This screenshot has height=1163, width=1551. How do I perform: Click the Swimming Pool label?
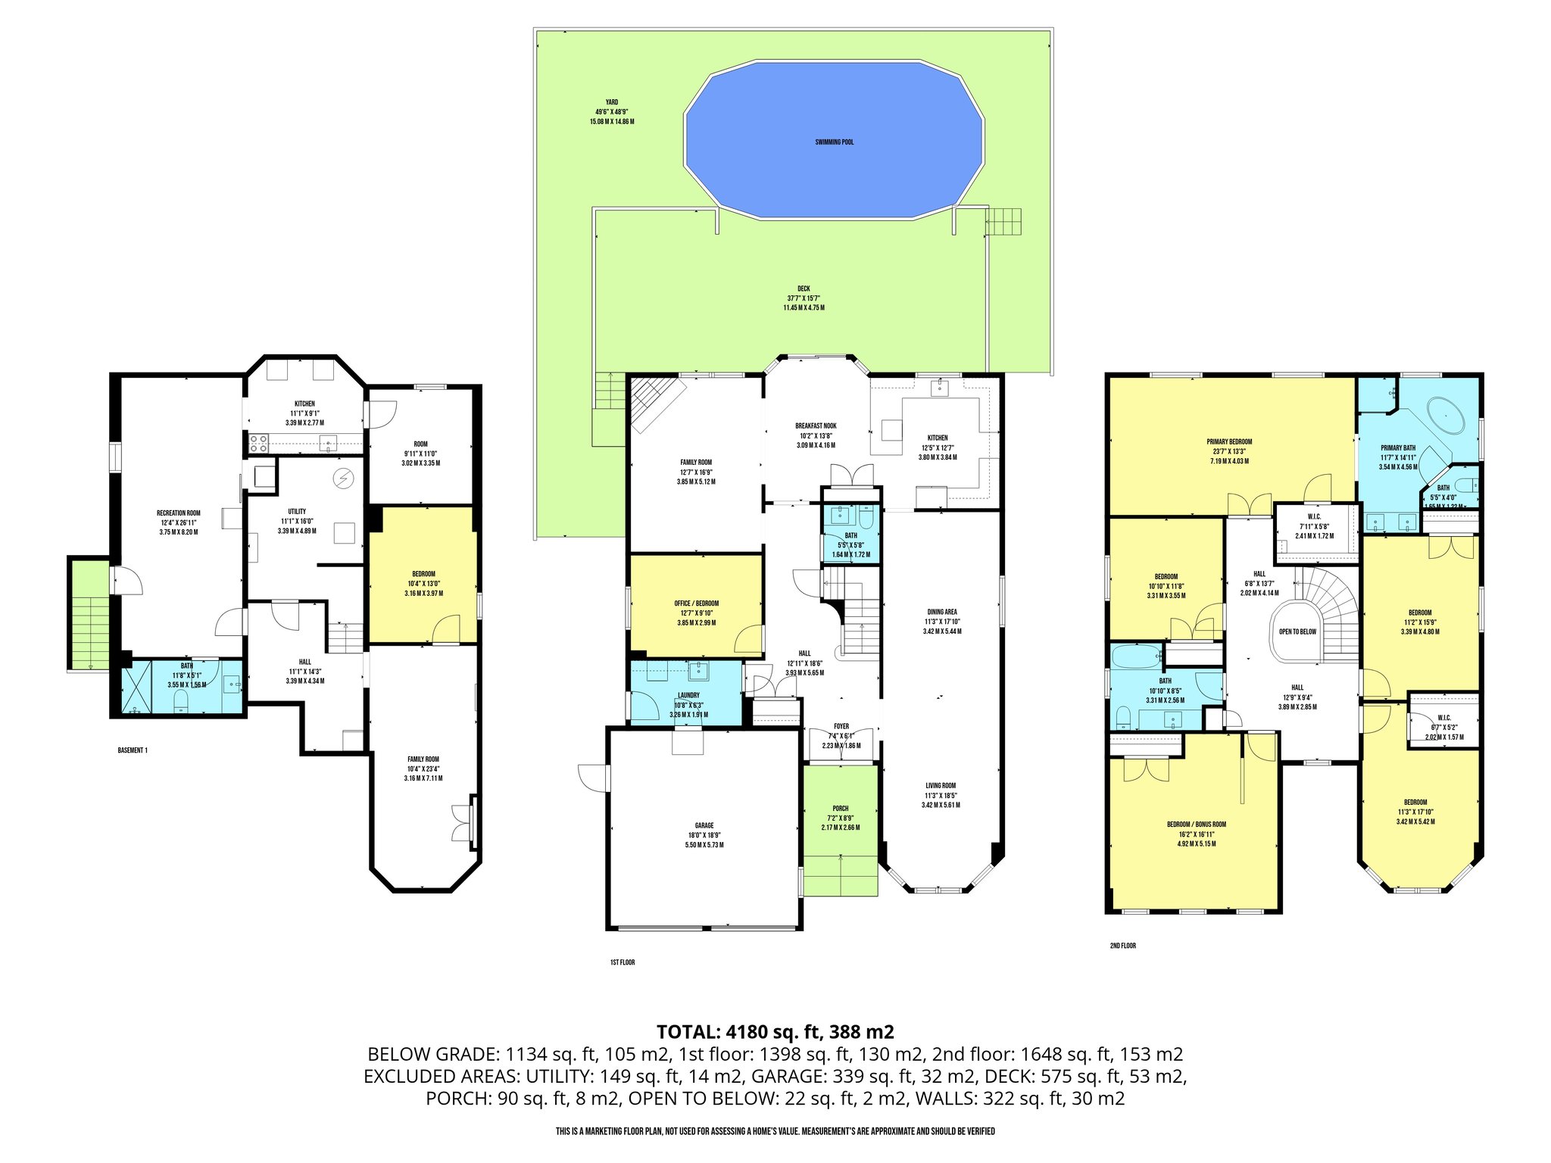(x=834, y=142)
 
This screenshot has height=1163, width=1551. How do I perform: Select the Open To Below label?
(x=1297, y=631)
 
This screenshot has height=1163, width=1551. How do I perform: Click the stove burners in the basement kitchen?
(x=257, y=442)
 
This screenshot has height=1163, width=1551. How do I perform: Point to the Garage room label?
(x=704, y=826)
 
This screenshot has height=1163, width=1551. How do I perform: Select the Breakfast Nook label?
(x=816, y=426)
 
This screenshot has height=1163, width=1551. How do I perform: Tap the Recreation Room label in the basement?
(x=179, y=513)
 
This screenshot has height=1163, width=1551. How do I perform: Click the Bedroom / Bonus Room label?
(x=1196, y=825)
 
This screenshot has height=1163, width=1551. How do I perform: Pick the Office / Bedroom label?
(x=696, y=603)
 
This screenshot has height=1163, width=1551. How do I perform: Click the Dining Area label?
(x=942, y=612)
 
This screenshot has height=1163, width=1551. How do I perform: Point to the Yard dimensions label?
(x=611, y=112)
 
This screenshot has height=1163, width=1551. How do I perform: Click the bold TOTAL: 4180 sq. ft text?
(x=775, y=1031)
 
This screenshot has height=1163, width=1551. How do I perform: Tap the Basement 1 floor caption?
(x=133, y=750)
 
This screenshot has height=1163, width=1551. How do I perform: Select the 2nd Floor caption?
(x=1122, y=946)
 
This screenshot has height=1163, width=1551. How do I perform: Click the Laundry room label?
(x=688, y=695)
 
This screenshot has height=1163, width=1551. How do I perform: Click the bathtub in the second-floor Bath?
(x=1135, y=655)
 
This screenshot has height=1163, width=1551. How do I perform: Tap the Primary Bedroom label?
(x=1229, y=441)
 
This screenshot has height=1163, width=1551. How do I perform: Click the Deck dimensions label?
(x=804, y=298)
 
